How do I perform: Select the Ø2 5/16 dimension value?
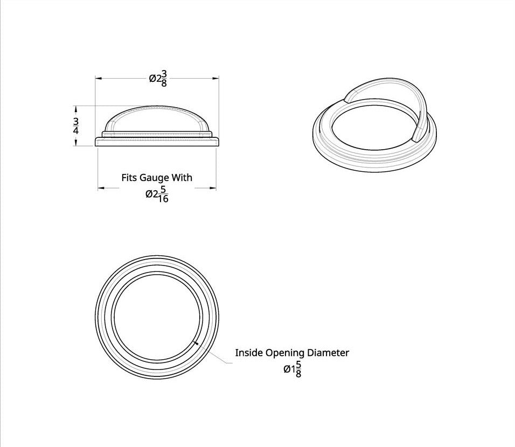click(157, 195)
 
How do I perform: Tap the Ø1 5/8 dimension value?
click(293, 369)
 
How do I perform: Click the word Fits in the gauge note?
click(128, 177)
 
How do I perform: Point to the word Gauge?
click(154, 177)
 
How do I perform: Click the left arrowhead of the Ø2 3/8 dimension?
click(98, 79)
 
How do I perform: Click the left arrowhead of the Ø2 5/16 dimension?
click(100, 188)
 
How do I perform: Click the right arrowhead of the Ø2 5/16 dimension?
click(213, 188)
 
